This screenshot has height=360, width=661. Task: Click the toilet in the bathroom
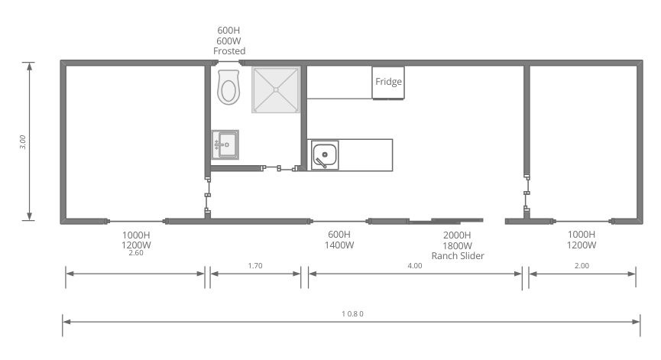[x=228, y=87]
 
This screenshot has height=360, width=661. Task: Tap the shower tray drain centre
[x=276, y=89]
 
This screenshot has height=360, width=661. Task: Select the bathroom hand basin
[x=225, y=144]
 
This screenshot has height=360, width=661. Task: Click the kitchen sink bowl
[x=325, y=154]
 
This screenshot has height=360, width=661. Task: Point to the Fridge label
[x=388, y=81]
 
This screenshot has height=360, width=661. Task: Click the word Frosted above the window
[x=229, y=51]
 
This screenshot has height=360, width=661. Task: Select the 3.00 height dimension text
[x=23, y=142]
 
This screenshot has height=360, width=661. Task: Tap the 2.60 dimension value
[x=136, y=253]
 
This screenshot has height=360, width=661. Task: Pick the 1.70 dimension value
[x=255, y=265]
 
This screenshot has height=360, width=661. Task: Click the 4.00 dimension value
[x=415, y=265]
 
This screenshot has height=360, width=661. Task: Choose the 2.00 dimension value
[x=582, y=265]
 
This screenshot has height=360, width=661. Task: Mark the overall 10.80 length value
[x=352, y=313]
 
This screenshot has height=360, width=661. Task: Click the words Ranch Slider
[x=458, y=256]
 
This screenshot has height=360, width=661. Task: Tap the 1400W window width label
[x=339, y=245]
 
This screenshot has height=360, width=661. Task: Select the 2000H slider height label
[x=457, y=235]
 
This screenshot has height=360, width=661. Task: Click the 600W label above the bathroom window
[x=229, y=41]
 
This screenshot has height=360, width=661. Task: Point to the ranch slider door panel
[x=446, y=220]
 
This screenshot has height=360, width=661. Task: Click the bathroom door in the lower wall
[x=279, y=169]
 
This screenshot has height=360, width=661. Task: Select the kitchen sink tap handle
[x=321, y=163]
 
